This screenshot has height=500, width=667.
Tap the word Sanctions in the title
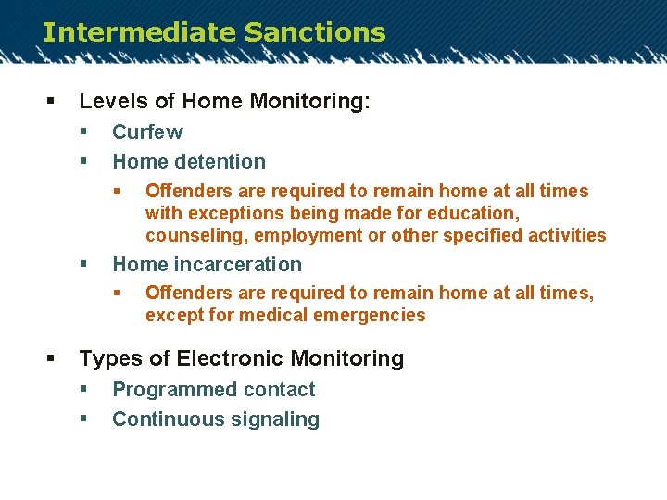[x=315, y=32]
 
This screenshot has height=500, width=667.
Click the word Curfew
[x=147, y=132]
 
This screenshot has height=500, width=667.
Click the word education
[x=474, y=214]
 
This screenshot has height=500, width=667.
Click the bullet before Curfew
[x=83, y=132]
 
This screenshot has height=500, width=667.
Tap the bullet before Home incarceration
[x=83, y=265]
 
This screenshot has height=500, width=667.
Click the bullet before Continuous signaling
[x=83, y=419]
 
